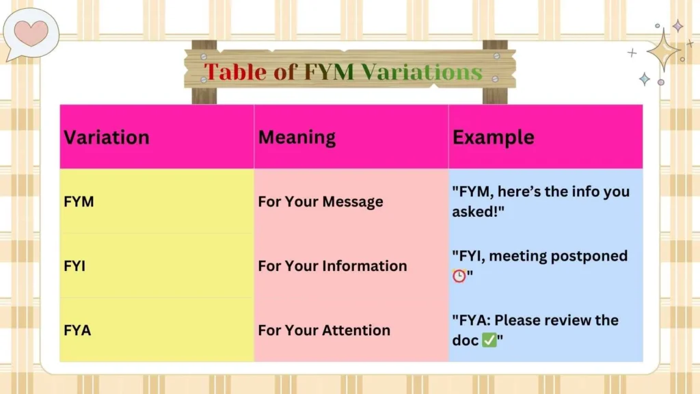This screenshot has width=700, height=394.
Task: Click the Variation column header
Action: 107,137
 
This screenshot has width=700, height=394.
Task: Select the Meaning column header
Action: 297,137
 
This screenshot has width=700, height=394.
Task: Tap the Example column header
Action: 493,137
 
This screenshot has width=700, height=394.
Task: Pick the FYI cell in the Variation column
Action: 75,266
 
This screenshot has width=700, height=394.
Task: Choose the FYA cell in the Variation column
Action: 77,330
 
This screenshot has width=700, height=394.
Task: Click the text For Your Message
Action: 321,202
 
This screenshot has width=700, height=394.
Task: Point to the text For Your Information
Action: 332,266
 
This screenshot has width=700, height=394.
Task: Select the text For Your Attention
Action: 324,330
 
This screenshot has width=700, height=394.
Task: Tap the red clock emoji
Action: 459,275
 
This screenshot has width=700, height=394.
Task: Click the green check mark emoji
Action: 489,340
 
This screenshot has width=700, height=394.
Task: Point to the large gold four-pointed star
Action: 663,50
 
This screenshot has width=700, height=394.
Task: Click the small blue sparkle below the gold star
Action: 644,79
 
